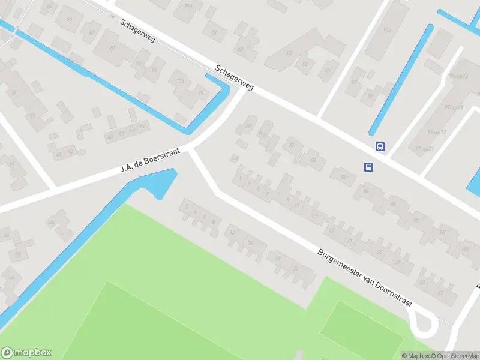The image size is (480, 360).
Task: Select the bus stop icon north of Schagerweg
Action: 380,146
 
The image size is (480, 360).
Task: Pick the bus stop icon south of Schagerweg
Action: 368,167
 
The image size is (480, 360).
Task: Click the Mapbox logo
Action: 26,353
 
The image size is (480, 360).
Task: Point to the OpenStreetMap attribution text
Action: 454,355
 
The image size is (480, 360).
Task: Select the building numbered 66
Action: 70,19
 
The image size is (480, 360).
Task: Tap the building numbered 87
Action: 289,53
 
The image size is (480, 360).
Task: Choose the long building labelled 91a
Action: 386,30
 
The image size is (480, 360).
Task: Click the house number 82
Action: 343,176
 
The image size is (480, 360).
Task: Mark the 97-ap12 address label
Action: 457,76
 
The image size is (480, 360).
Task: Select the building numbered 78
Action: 292,145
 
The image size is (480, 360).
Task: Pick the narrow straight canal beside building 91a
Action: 401,78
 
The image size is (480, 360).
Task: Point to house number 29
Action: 397,262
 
